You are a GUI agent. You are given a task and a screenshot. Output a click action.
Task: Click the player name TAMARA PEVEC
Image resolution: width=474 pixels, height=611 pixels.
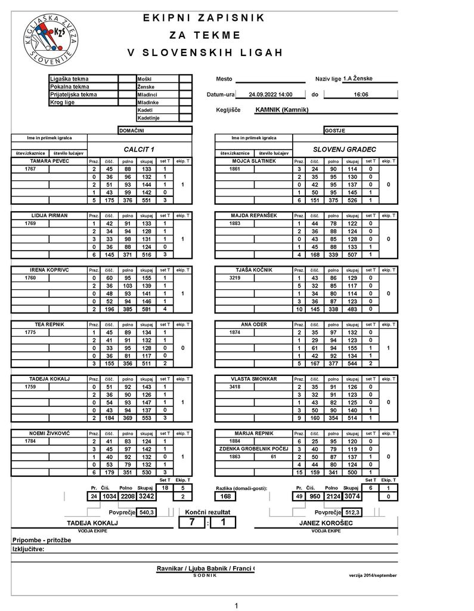49,161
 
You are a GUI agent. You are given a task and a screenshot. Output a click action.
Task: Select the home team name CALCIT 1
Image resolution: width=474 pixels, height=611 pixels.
139,149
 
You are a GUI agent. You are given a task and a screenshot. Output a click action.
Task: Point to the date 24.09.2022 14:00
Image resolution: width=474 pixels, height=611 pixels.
270,94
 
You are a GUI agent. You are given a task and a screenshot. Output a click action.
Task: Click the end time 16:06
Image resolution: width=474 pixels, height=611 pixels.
361,94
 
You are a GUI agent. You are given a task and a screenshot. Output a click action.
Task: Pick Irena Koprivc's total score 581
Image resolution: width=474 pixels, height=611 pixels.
146,308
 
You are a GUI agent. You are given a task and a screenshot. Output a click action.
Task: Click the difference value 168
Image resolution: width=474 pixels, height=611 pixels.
225,496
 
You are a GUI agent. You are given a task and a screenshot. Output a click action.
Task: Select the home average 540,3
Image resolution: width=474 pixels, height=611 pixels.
146,512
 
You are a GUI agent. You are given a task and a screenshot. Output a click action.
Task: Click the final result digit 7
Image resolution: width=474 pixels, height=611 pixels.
192,523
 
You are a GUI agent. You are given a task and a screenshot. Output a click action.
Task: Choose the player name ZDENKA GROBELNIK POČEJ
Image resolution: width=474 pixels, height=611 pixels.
253,449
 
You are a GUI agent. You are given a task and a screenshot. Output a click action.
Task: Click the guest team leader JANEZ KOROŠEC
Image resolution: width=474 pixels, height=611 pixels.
326,523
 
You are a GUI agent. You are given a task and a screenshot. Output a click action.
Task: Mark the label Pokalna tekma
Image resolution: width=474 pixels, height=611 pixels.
70,87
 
